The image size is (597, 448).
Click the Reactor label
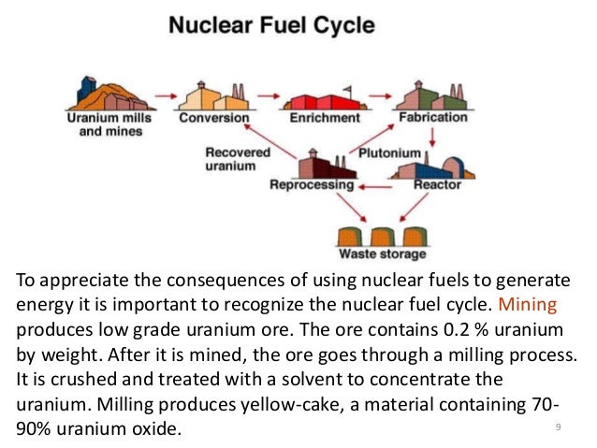[438, 185]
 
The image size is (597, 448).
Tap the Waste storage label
[382, 253]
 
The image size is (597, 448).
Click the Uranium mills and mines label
[104, 124]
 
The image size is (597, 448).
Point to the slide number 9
[557, 426]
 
